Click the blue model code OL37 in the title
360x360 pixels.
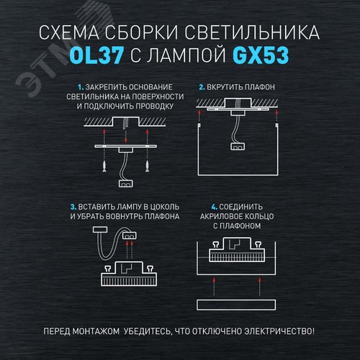[94, 55]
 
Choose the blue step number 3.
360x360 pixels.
[73, 207]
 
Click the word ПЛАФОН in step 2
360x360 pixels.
[256, 86]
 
